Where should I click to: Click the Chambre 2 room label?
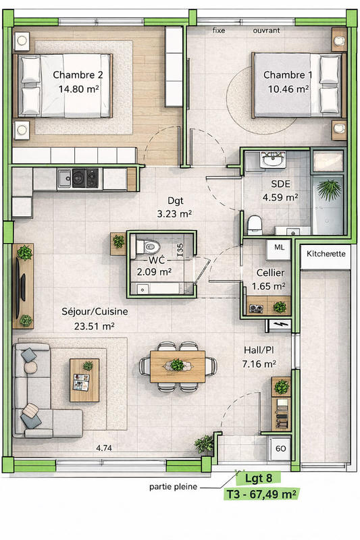(x=78, y=75)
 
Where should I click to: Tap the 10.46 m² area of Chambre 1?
(x=288, y=88)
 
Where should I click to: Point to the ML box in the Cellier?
(x=279, y=248)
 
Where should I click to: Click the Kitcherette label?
(x=326, y=254)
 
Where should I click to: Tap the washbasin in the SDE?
(x=274, y=161)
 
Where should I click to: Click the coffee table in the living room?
(x=84, y=379)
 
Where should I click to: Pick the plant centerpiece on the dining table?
(x=178, y=365)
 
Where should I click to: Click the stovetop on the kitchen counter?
(x=87, y=178)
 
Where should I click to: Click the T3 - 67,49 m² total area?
(x=261, y=495)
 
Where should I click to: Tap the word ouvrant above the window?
(x=267, y=31)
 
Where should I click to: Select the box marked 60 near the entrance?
(x=279, y=448)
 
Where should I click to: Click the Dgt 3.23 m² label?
(x=171, y=207)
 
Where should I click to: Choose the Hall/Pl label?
(x=259, y=351)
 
